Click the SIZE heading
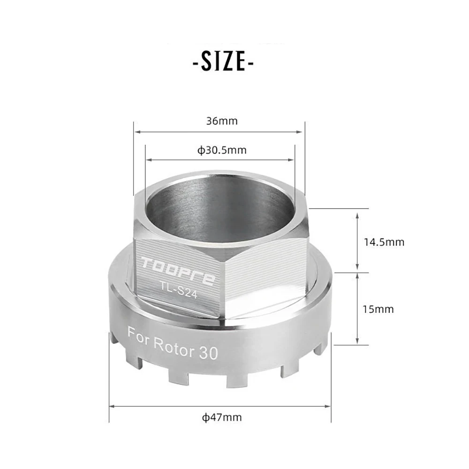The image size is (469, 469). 223,61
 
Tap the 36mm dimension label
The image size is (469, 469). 222,121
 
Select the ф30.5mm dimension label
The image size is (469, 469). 222,150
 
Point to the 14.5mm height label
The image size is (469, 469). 384,242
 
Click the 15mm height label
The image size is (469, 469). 378,309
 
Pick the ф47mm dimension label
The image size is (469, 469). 222,417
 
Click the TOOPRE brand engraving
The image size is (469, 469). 178,270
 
